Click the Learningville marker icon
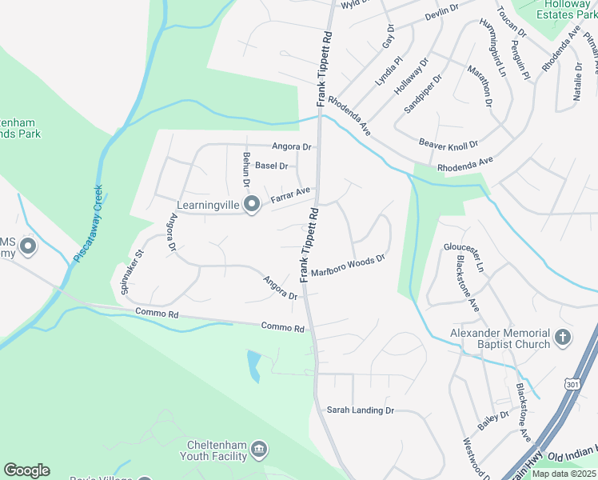(x=252, y=206)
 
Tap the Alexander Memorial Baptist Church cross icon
(x=563, y=338)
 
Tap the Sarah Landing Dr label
(x=361, y=410)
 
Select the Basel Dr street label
(x=272, y=166)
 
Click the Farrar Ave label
(x=290, y=194)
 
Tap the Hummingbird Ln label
(x=492, y=47)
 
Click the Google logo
(x=26, y=470)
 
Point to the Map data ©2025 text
(x=563, y=474)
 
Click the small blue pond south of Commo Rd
(x=253, y=366)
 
